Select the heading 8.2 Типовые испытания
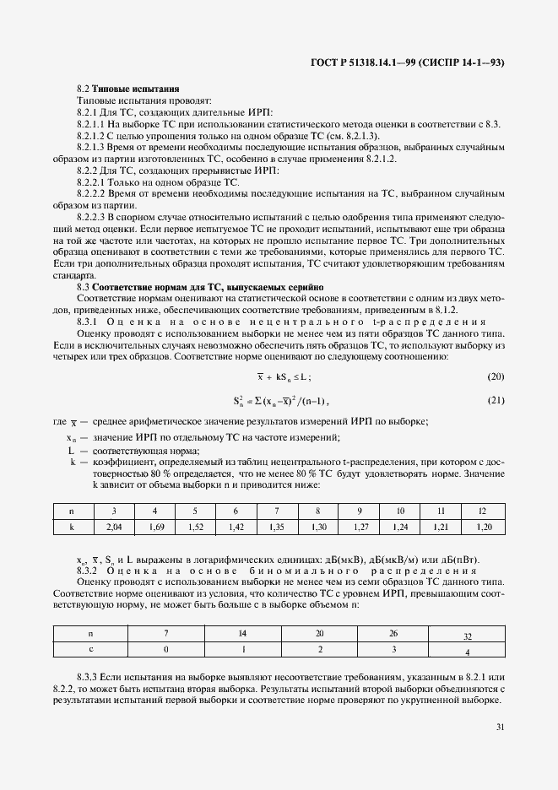[127, 89]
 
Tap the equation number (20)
[496, 351]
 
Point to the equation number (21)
[496, 376]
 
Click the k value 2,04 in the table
[113, 527]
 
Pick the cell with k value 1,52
[195, 527]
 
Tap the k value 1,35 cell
[277, 527]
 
